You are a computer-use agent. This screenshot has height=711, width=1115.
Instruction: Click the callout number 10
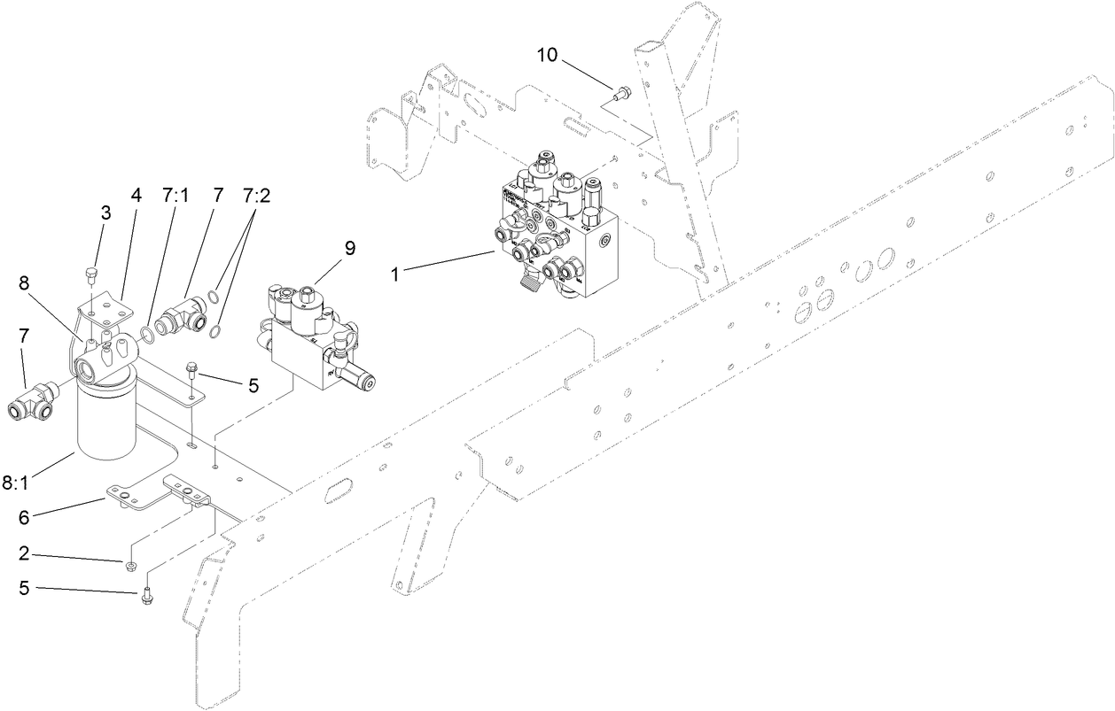(x=547, y=55)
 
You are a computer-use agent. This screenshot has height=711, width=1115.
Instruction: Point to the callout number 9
(x=350, y=248)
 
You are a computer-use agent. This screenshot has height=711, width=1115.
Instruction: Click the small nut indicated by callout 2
(x=130, y=564)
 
